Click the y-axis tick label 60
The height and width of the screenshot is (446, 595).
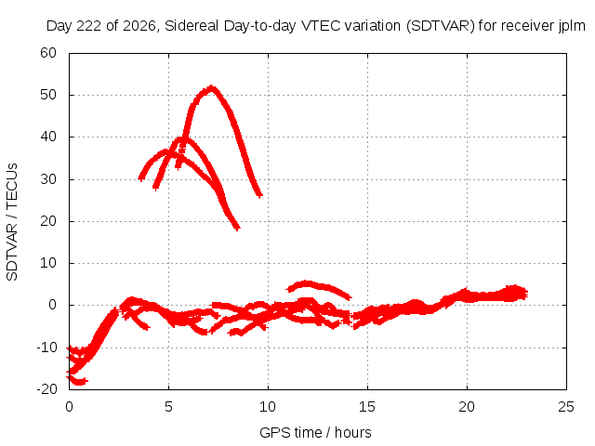(x=48, y=53)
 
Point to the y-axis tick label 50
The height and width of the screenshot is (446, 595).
(x=48, y=95)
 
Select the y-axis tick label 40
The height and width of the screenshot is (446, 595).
(x=48, y=137)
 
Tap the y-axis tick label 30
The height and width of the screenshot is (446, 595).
(x=48, y=179)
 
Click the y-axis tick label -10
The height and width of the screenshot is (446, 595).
(x=46, y=347)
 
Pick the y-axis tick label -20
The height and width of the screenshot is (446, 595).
(x=46, y=388)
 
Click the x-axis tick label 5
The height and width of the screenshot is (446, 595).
(x=168, y=407)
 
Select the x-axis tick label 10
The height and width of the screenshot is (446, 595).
(x=268, y=407)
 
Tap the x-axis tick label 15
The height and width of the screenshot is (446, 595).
(x=367, y=407)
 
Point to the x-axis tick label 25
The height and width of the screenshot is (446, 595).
(x=566, y=407)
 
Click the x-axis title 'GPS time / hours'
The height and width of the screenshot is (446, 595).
(x=315, y=433)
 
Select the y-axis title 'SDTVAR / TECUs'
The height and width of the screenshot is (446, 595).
(x=12, y=222)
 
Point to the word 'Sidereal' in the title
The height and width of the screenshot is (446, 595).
(x=192, y=26)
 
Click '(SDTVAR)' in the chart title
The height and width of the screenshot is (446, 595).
(x=441, y=26)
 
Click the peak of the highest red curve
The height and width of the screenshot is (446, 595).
(x=211, y=88)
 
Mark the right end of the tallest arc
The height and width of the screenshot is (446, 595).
(x=260, y=195)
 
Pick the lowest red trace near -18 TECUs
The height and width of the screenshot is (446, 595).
(x=77, y=380)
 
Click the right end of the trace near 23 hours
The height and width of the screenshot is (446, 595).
(x=525, y=294)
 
